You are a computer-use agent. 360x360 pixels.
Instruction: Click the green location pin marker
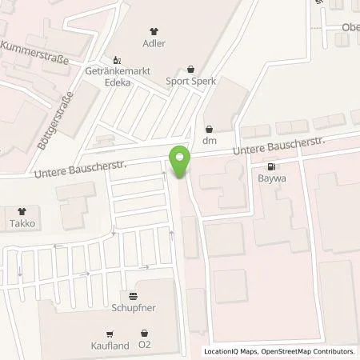point(181,162)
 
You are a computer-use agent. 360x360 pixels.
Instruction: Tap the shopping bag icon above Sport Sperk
point(190,70)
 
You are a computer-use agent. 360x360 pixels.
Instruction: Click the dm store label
point(210,140)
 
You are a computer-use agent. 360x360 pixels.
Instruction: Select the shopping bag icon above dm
point(210,127)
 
